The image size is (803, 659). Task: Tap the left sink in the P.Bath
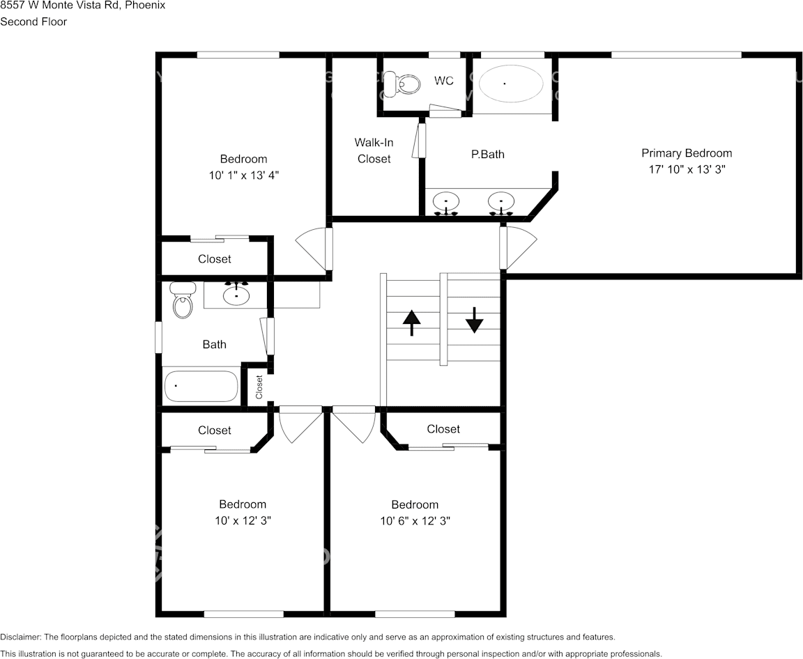click(445, 202)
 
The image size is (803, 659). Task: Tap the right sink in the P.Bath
click(500, 202)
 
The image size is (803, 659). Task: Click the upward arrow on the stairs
click(412, 323)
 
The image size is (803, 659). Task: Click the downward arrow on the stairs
click(475, 320)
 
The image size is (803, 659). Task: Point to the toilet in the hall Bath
click(183, 301)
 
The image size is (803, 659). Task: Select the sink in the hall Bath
click(237, 295)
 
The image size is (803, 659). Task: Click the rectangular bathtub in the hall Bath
click(201, 386)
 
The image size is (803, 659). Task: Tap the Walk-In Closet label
click(374, 150)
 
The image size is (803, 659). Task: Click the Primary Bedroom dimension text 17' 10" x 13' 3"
click(687, 169)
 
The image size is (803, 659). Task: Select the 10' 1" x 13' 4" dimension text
click(244, 176)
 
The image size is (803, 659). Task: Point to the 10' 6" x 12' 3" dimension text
click(415, 521)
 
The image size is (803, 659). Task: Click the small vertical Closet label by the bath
click(259, 387)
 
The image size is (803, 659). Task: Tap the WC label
click(444, 81)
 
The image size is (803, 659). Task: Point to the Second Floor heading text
click(33, 22)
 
